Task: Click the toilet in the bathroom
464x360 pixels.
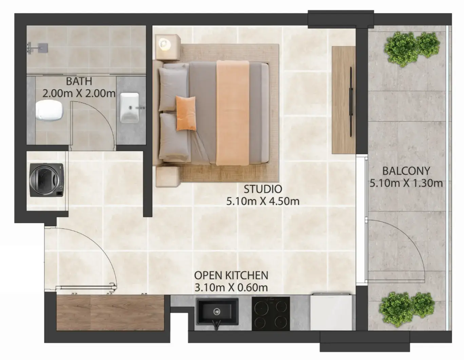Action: (50, 110)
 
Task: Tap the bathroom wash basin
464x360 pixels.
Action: (130, 107)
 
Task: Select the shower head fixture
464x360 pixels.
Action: (37, 47)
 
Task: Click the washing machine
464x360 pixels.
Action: (47, 180)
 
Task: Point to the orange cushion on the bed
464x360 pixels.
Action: (186, 113)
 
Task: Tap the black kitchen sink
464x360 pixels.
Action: (217, 312)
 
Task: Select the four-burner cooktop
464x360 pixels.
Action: (271, 313)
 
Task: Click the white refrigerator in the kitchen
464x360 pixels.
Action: (331, 312)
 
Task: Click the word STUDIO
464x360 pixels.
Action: (263, 189)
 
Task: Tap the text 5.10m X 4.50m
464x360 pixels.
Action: (263, 201)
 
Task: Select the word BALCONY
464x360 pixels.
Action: (406, 171)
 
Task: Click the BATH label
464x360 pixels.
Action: (79, 81)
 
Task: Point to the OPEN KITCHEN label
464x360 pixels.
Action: (231, 276)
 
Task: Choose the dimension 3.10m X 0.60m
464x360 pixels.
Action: (231, 288)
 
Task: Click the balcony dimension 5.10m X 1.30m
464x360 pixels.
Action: (406, 183)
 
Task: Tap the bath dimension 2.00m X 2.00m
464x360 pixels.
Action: (79, 94)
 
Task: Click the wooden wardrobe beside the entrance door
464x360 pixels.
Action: (110, 313)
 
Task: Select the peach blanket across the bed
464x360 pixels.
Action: (233, 113)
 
